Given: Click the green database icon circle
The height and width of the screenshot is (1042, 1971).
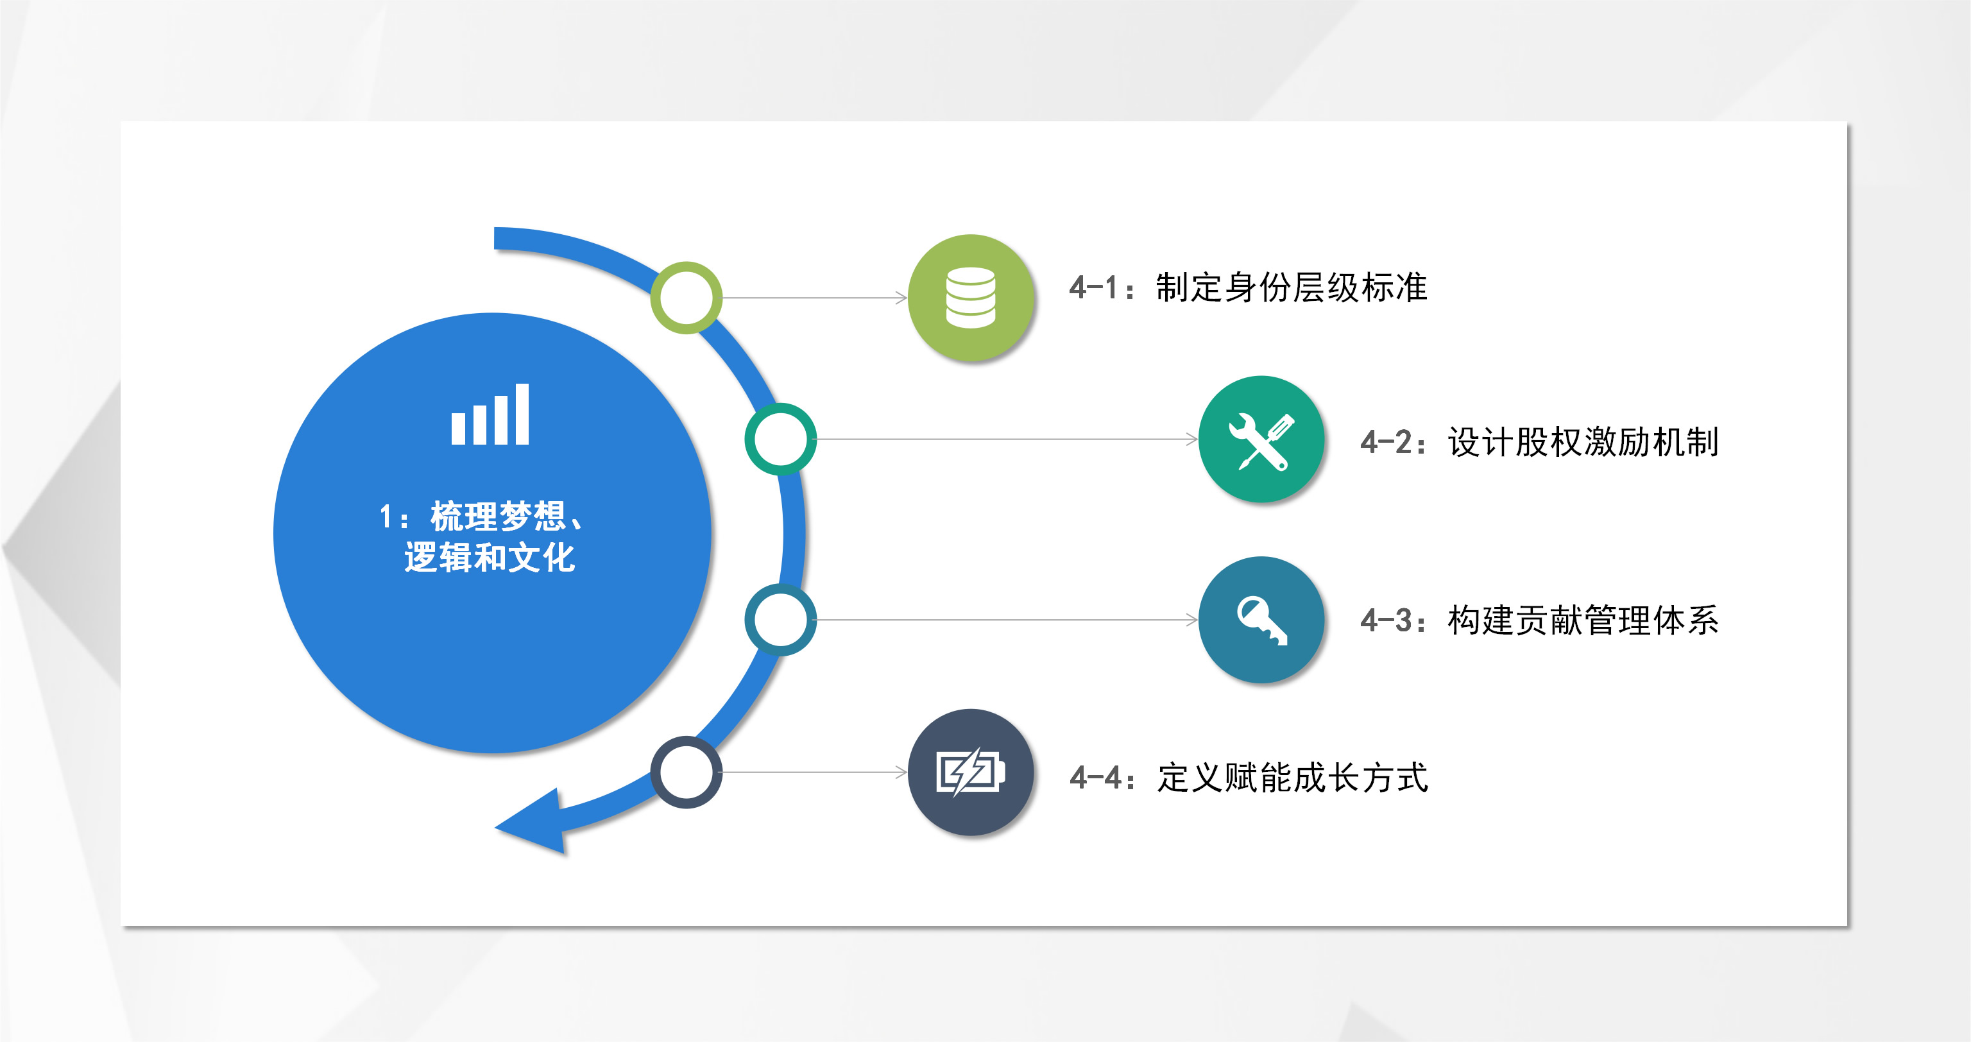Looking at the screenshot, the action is pos(970,298).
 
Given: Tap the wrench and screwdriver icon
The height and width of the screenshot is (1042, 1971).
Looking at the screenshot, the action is pos(1261,440).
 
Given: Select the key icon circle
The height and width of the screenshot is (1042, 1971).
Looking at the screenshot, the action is pos(1261,619).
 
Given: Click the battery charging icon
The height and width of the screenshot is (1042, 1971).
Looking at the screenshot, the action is pos(970,773).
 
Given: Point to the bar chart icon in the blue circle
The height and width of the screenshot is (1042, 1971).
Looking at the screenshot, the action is pos(490,414).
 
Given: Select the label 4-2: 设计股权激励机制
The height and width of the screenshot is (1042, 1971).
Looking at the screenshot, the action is pos(1539,442).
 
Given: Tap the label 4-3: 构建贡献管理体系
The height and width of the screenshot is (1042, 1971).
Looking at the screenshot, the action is pos(1539,620).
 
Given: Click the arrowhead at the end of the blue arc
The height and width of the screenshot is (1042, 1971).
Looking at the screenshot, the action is pos(536,823).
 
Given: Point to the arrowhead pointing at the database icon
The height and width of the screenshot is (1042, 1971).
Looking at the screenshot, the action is pos(902,298).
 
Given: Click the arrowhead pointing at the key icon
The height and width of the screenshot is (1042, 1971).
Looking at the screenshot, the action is pos(1192,620).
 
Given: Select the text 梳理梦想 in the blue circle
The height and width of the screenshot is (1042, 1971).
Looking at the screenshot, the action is pos(497,517).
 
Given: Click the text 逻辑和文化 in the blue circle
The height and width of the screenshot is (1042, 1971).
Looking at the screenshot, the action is pos(490,557).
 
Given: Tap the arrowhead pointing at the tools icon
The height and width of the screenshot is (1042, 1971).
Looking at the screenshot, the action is pos(1192,439).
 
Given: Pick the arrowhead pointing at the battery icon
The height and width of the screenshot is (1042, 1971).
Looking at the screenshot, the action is pos(902,773).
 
